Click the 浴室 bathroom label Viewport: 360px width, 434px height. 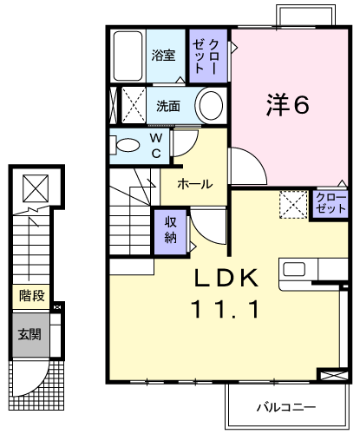pyautogui.click(x=163, y=55)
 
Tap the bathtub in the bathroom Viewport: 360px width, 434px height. pyautogui.click(x=128, y=56)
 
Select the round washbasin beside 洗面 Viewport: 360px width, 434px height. pyautogui.click(x=211, y=105)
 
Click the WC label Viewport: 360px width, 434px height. pyautogui.click(x=156, y=146)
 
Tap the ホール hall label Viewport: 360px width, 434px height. pyautogui.click(x=194, y=184)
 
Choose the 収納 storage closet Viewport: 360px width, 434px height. pyautogui.click(x=171, y=232)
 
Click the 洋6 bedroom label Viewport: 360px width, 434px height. pyautogui.click(x=288, y=104)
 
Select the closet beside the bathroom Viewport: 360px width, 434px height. pyautogui.click(x=208, y=56)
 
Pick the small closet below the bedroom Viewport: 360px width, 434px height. pyautogui.click(x=331, y=204)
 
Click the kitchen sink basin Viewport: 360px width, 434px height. pyautogui.click(x=294, y=269)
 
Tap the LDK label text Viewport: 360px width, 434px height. pyautogui.click(x=226, y=278)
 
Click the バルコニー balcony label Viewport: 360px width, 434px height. pyautogui.click(x=285, y=408)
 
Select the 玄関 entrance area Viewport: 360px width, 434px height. pyautogui.click(x=30, y=335)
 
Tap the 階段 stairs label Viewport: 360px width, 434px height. pyautogui.click(x=32, y=296)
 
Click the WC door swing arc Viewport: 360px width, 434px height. pyautogui.click(x=192, y=148)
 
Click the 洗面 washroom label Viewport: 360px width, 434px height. pyautogui.click(x=168, y=106)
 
